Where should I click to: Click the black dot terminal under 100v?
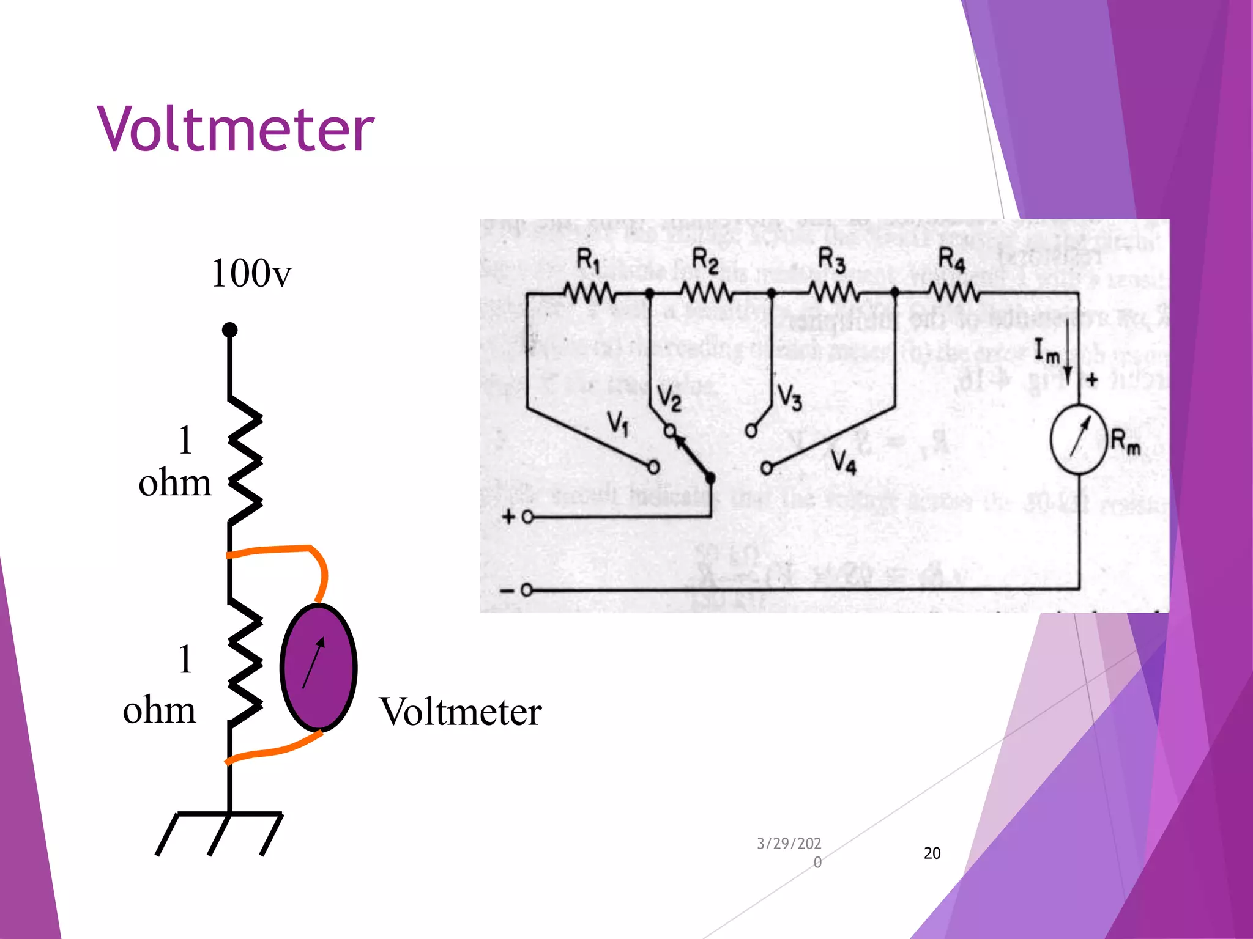point(229,330)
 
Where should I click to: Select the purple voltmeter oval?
point(318,667)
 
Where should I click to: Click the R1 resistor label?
point(588,261)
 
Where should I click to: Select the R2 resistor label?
point(705,261)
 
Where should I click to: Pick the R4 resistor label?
point(951,260)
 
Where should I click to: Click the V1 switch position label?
point(618,422)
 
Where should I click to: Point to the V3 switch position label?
point(789,397)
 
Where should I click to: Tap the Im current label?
point(1046,352)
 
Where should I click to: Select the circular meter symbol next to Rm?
point(1079,439)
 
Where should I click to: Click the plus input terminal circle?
point(527,518)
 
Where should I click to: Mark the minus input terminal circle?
point(526,591)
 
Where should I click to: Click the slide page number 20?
point(932,853)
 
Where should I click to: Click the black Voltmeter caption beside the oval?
point(460,712)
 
